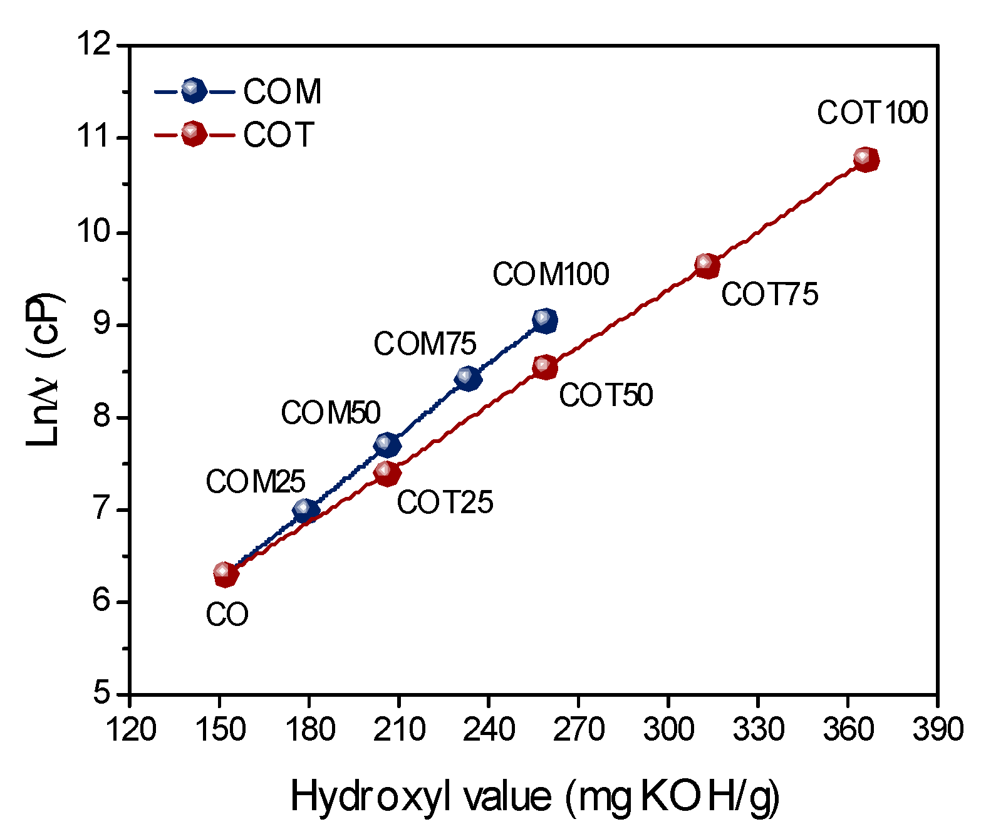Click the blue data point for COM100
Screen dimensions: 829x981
click(x=545, y=320)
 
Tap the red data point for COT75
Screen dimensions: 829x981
click(x=707, y=266)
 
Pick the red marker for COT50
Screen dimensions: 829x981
click(x=545, y=367)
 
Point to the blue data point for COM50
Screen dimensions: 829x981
click(x=387, y=445)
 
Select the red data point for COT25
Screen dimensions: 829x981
click(x=387, y=473)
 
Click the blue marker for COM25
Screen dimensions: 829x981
click(x=306, y=510)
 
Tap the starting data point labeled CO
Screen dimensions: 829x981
click(x=226, y=574)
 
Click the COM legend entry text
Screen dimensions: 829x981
click(x=283, y=92)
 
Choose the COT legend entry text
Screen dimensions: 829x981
click(x=278, y=135)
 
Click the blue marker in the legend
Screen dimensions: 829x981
click(x=194, y=91)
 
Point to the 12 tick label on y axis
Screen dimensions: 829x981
click(x=95, y=46)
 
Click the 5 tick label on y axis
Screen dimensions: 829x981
click(x=102, y=694)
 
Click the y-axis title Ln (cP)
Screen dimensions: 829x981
click(x=44, y=370)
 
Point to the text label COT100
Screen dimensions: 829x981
click(x=872, y=113)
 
